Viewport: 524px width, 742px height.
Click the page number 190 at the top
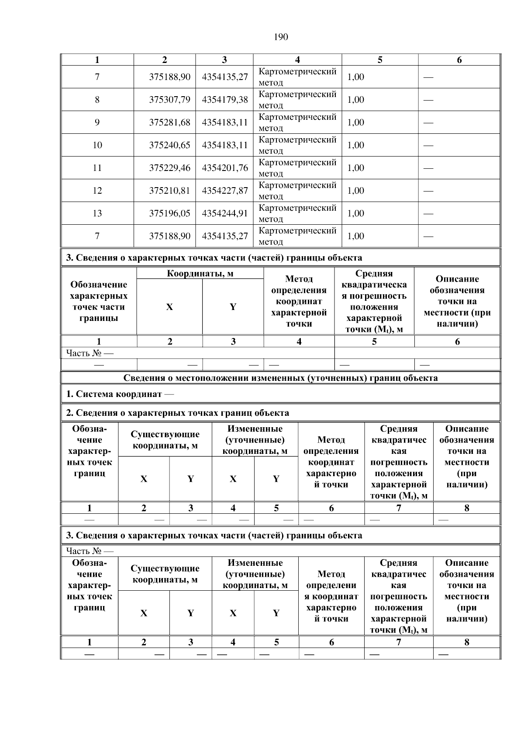pyautogui.click(x=281, y=37)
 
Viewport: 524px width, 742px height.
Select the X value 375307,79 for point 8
pyautogui.click(x=169, y=100)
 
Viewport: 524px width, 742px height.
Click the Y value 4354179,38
pyautogui.click(x=224, y=100)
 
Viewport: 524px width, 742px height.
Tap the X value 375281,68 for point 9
pyautogui.click(x=169, y=122)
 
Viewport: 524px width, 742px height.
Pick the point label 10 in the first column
pyautogui.click(x=97, y=145)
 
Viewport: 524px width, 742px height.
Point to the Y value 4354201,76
pyautogui.click(x=224, y=168)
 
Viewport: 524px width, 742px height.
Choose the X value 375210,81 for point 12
pyautogui.click(x=169, y=191)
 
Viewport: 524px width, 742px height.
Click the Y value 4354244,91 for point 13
pyautogui.click(x=224, y=213)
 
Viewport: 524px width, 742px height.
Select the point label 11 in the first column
pyautogui.click(x=97, y=168)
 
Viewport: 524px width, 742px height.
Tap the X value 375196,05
pyautogui.click(x=169, y=213)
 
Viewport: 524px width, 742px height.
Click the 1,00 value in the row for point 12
pyautogui.click(x=355, y=191)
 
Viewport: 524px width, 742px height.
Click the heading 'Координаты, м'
pyautogui.click(x=200, y=274)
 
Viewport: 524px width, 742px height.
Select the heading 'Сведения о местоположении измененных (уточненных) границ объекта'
pyautogui.click(x=280, y=378)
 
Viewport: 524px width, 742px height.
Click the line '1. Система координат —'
pyautogui.click(x=120, y=394)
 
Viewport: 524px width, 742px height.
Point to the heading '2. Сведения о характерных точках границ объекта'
pyautogui.click(x=177, y=413)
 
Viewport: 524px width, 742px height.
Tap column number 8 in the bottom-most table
pyautogui.click(x=466, y=642)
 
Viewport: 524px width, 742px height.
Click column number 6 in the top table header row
pyautogui.click(x=459, y=60)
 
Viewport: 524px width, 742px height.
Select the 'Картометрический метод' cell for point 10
pyautogui.click(x=297, y=145)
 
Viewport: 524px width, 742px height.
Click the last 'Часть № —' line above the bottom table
pyautogui.click(x=90, y=550)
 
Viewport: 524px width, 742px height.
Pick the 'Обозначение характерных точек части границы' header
pyautogui.click(x=99, y=301)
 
